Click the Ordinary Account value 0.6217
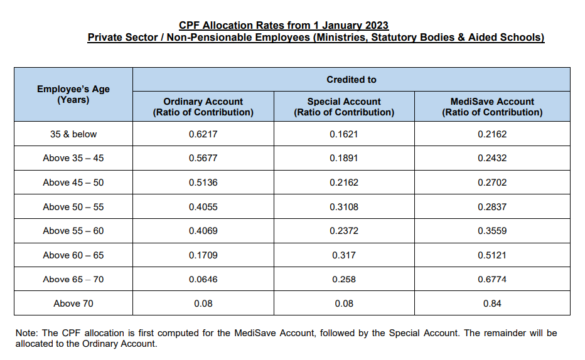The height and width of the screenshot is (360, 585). pyautogui.click(x=203, y=134)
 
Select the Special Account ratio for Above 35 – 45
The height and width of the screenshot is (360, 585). pyautogui.click(x=343, y=158)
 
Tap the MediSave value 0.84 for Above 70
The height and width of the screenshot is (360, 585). pyautogui.click(x=492, y=304)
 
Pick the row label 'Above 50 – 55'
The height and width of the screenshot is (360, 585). pyautogui.click(x=73, y=207)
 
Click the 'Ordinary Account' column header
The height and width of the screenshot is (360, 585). pyautogui.click(x=203, y=107)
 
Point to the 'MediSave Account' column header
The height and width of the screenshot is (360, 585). pyautogui.click(x=492, y=107)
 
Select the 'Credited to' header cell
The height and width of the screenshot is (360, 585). pyautogui.click(x=352, y=80)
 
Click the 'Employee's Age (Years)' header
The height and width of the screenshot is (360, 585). pyautogui.click(x=73, y=94)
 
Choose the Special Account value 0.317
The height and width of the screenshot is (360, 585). pyautogui.click(x=343, y=255)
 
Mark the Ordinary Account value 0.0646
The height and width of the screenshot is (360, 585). pyautogui.click(x=203, y=279)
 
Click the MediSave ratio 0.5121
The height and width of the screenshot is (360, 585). pyautogui.click(x=492, y=255)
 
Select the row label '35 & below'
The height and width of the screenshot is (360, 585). pyautogui.click(x=73, y=134)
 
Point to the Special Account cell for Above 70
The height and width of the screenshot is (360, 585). pyautogui.click(x=343, y=304)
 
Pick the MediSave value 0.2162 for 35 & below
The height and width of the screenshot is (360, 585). pyautogui.click(x=492, y=134)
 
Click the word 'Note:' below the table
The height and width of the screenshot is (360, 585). pyautogui.click(x=26, y=333)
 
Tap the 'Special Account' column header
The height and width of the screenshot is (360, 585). pyautogui.click(x=343, y=107)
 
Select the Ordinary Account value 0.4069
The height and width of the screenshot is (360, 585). pyautogui.click(x=203, y=231)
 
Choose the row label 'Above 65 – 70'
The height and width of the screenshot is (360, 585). pyautogui.click(x=73, y=279)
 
